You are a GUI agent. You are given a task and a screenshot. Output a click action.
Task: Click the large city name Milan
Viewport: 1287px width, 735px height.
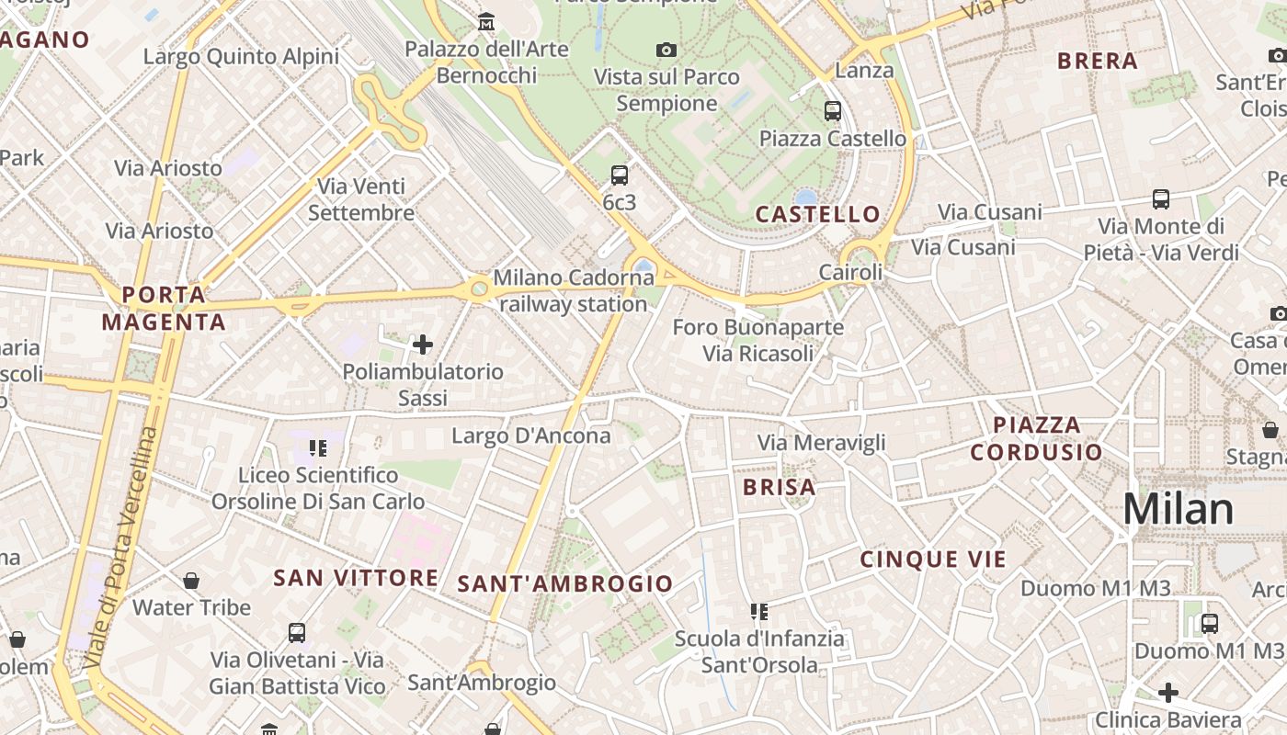(x=1178, y=509)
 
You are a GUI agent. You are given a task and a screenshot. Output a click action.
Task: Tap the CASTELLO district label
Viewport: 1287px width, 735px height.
(x=817, y=214)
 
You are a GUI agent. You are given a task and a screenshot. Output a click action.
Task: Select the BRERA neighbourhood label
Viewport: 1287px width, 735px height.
(x=1098, y=62)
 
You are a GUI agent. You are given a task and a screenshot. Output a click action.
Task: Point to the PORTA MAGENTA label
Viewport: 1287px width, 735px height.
(x=164, y=308)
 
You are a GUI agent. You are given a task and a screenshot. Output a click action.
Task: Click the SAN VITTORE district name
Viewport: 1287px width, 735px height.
(x=356, y=578)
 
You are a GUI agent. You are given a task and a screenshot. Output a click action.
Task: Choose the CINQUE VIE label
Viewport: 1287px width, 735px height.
(x=933, y=559)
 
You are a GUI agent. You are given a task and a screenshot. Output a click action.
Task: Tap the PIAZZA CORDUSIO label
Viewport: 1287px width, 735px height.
(x=1036, y=438)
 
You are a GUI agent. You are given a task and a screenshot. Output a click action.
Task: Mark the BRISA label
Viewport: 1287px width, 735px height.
(x=779, y=487)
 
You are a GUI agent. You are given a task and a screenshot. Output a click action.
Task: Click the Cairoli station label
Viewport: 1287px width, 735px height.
(x=850, y=273)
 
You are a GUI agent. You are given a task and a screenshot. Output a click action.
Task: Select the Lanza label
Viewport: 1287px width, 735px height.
(x=864, y=71)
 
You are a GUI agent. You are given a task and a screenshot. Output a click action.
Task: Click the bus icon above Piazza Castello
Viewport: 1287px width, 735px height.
(x=832, y=111)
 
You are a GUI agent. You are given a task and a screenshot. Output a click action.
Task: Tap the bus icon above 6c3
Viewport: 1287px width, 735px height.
(x=619, y=175)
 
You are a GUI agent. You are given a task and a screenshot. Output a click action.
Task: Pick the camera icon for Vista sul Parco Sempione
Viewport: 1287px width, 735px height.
(x=666, y=50)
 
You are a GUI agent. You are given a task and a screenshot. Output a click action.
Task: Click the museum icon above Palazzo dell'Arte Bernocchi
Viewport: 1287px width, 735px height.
(x=485, y=21)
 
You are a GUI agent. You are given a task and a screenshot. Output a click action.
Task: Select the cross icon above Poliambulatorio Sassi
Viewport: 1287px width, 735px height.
(x=423, y=345)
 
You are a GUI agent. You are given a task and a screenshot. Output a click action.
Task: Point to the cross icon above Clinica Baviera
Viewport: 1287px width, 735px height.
(x=1167, y=692)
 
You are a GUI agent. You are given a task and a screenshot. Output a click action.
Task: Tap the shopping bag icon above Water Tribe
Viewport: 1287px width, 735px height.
(x=191, y=581)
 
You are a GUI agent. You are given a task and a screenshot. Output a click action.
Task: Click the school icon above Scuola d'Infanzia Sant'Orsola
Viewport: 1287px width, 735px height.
(x=758, y=611)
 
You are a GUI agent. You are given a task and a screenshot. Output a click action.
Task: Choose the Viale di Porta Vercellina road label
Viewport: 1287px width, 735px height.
(x=120, y=547)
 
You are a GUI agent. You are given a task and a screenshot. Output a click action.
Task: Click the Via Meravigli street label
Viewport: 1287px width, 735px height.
(x=821, y=443)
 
